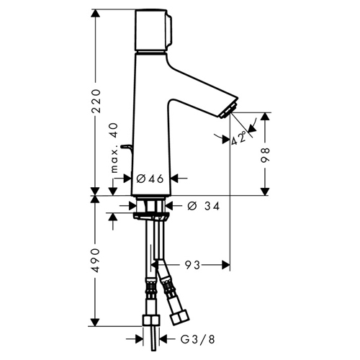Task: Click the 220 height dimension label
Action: coord(96,101)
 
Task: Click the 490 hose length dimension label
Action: coord(96,261)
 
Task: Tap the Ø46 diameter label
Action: coord(150,179)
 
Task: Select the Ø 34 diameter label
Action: coord(204,206)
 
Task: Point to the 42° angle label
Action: coord(239,138)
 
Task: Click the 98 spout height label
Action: coord(265,156)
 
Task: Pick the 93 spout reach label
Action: coord(192,265)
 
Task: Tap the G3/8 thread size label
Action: coord(198,339)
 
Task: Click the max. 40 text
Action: coord(114,148)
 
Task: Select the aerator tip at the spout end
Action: coord(229,111)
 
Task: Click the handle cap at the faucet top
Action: coord(153,30)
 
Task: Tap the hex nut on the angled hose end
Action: coord(179,318)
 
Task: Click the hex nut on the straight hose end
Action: coord(151,320)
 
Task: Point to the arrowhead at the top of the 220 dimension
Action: coord(96,13)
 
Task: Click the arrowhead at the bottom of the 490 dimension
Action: coord(95,323)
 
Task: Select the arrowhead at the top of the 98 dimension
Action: coord(265,116)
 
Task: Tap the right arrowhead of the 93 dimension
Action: coord(226,265)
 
